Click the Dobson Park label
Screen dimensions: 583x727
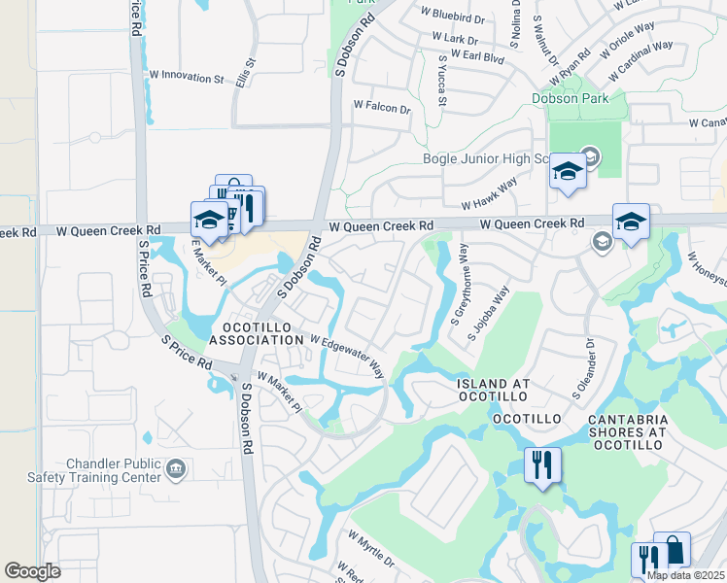point(570,98)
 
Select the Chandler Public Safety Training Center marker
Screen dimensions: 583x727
point(175,471)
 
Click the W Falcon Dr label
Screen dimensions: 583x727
point(382,107)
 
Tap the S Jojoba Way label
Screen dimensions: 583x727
point(488,313)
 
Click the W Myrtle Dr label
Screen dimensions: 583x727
point(370,549)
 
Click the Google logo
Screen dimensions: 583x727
point(32,571)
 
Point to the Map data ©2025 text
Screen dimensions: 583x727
point(685,575)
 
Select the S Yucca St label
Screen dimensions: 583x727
point(441,80)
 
